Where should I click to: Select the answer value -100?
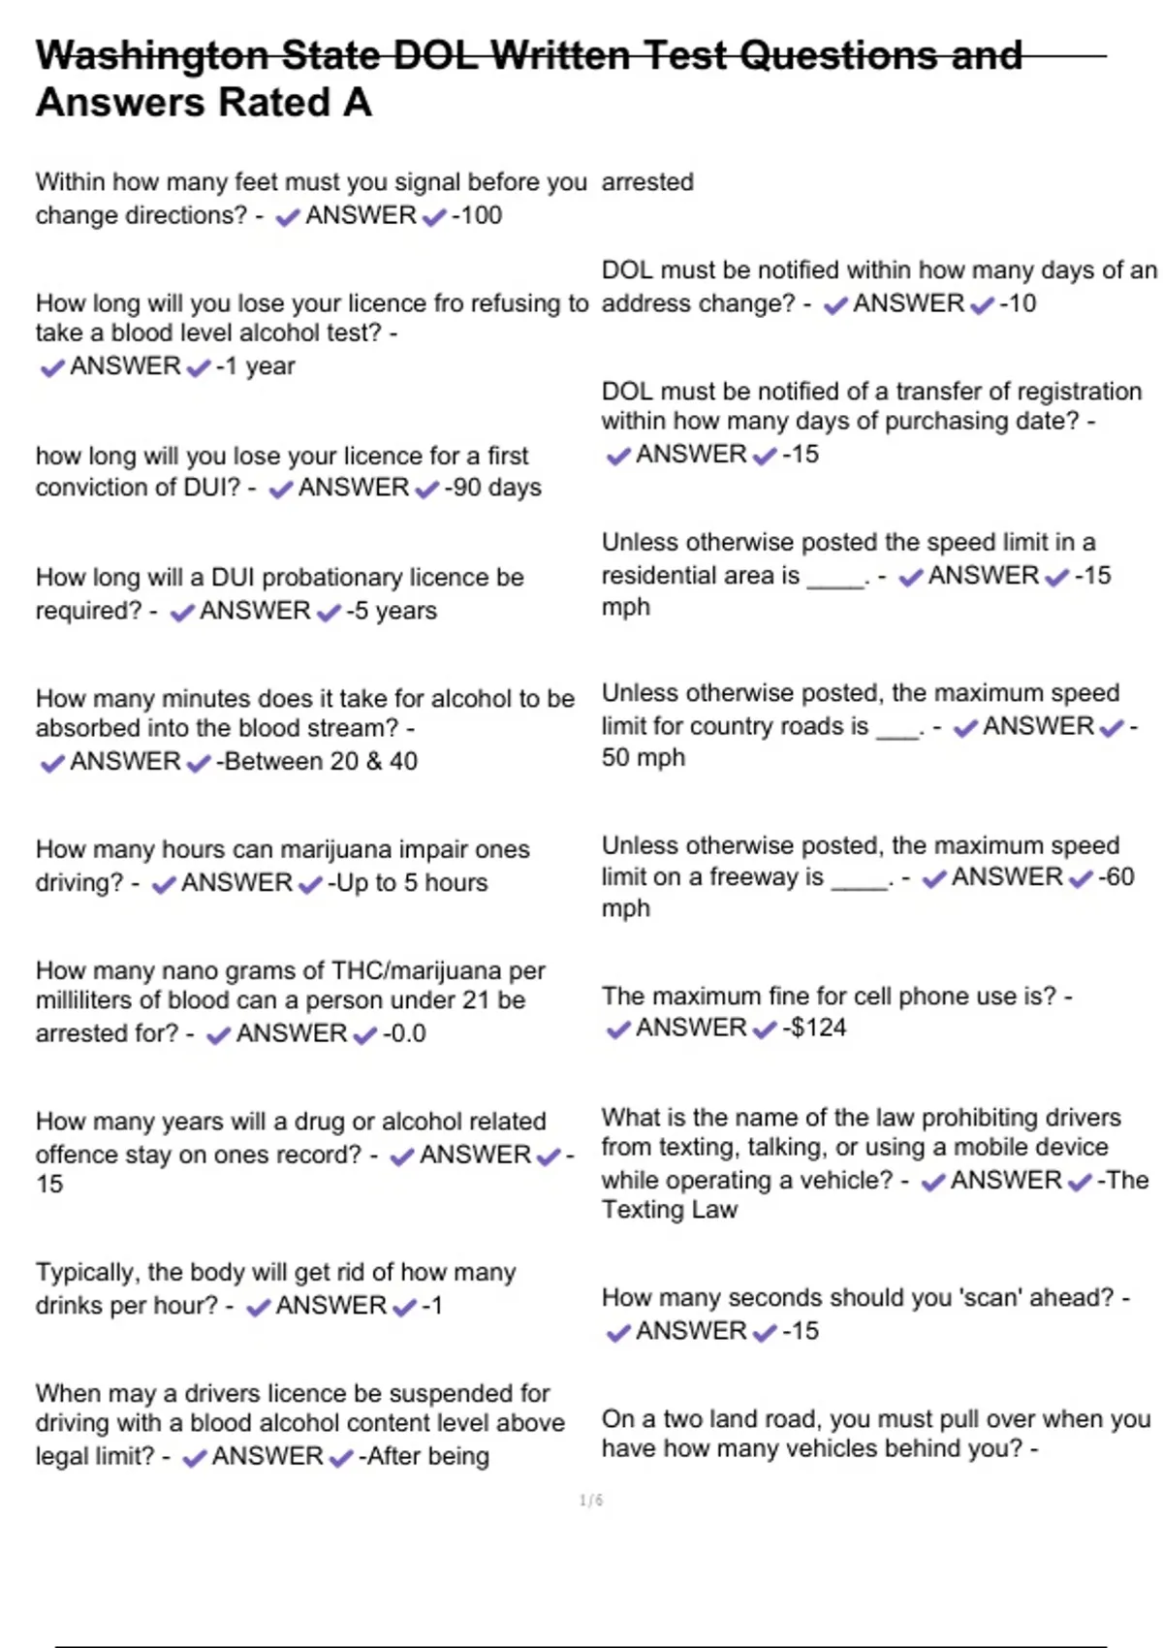point(478,215)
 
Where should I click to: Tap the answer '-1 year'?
point(256,366)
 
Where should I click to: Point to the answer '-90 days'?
point(493,488)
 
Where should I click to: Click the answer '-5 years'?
point(392,611)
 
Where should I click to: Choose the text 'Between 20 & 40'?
point(321,762)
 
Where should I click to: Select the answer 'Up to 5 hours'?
point(408,883)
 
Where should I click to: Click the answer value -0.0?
point(404,1033)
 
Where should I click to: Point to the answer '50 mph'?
point(644,758)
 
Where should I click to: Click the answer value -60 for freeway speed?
point(1116,877)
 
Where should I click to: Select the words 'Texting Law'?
point(670,1210)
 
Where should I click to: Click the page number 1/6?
point(591,1501)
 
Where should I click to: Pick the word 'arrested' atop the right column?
point(647,182)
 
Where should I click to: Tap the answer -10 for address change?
point(1018,303)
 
